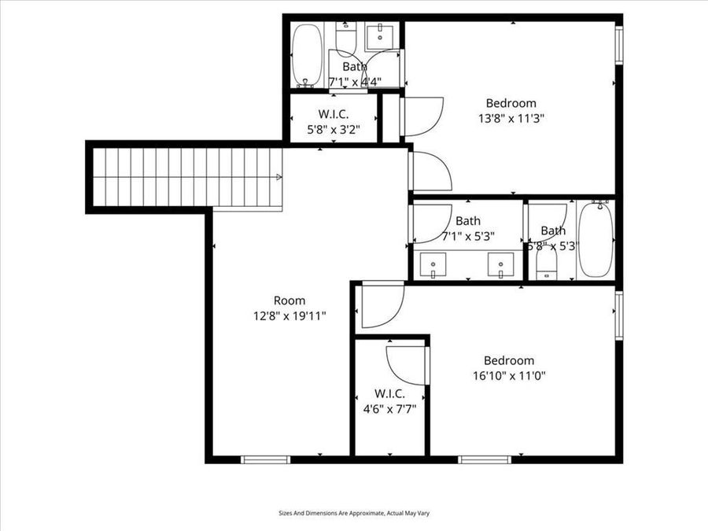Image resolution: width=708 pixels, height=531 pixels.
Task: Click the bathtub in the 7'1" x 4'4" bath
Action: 307,56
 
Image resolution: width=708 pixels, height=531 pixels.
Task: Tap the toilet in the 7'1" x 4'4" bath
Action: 347,38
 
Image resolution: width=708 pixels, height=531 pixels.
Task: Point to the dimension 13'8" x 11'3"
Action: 511,117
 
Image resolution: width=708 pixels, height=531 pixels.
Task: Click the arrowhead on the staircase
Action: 278,178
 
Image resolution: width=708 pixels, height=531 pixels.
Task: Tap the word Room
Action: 289,301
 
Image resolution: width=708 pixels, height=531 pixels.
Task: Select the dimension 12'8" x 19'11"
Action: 289,315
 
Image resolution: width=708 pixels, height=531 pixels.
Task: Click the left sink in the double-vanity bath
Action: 431,265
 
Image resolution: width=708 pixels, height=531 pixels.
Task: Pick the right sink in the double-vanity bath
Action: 500,265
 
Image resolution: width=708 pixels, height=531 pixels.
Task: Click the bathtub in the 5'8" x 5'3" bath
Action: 596,239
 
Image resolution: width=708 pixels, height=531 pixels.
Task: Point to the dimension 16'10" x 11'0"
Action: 509,375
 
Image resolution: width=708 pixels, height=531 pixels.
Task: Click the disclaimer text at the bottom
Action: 354,513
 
